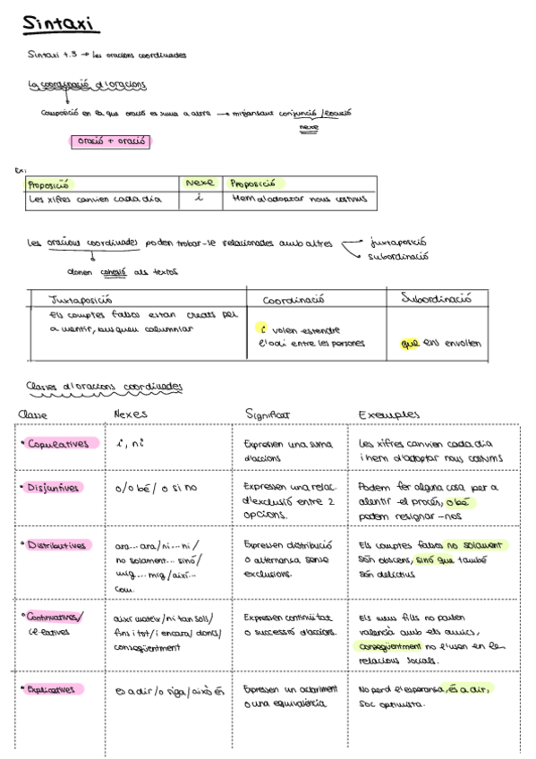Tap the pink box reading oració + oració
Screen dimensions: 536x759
pos(110,141)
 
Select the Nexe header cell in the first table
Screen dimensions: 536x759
pos(198,183)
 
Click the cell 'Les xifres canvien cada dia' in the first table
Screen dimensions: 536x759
pos(94,199)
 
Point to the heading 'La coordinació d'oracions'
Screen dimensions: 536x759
pos(88,85)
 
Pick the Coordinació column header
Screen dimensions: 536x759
pos(293,299)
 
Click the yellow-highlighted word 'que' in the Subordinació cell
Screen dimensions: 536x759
pos(410,342)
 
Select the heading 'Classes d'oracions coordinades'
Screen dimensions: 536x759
pos(105,387)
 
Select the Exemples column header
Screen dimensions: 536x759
pos(388,414)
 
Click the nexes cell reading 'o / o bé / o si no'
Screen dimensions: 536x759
pos(156,489)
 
